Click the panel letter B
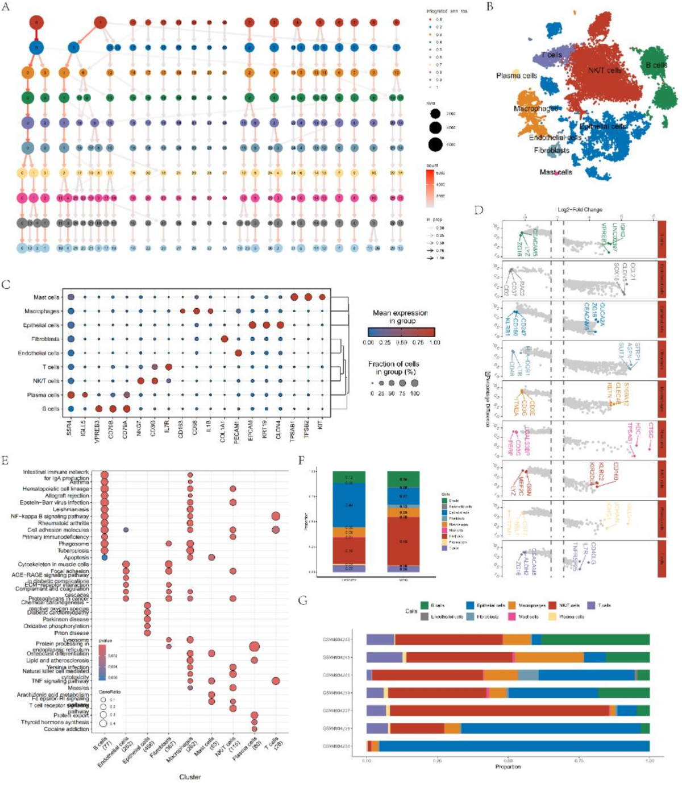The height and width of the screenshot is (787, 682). click(x=489, y=7)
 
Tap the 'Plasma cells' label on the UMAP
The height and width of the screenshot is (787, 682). click(x=516, y=76)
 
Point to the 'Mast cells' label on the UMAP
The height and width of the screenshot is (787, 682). click(x=556, y=172)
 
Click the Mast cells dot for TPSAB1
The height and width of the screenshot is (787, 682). click(x=294, y=297)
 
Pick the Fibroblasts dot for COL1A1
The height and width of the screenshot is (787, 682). click(x=224, y=339)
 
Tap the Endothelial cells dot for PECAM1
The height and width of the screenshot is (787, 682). click(x=238, y=353)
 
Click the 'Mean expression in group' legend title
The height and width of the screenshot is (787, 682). click(x=400, y=317)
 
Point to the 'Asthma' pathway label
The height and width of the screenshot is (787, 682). click(x=79, y=482)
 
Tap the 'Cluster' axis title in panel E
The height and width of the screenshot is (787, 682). click(x=190, y=777)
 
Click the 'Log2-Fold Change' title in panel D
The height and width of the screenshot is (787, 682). click(x=580, y=210)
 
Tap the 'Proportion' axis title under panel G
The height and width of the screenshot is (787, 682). click(x=508, y=767)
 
